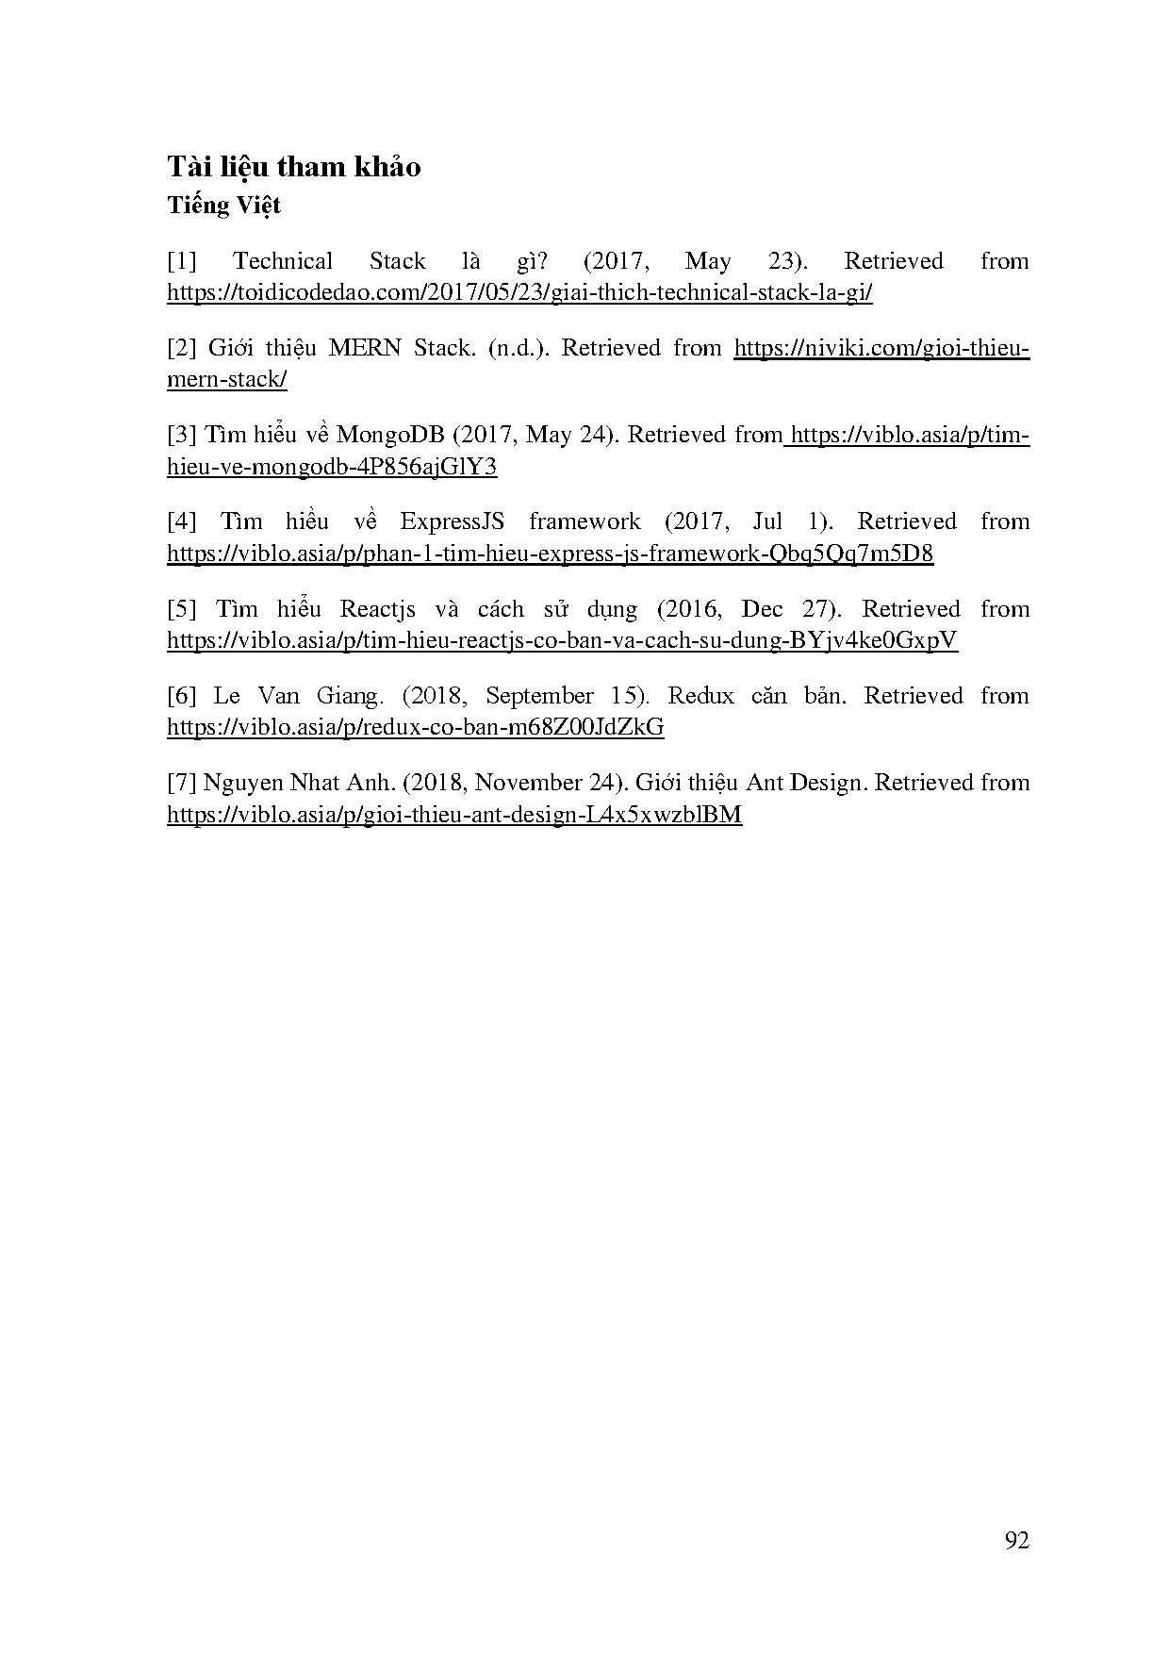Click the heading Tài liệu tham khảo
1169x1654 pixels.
click(x=294, y=167)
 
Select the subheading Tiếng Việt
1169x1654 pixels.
click(x=224, y=205)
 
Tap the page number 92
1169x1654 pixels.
click(x=1017, y=1541)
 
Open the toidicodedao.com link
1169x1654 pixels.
click(x=519, y=292)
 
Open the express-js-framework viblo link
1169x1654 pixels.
click(x=550, y=554)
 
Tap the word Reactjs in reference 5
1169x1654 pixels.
click(x=377, y=609)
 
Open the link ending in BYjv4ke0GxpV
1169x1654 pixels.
click(x=562, y=641)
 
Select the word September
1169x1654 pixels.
click(x=539, y=696)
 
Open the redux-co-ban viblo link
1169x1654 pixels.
click(x=415, y=728)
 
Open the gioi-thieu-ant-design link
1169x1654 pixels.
click(x=454, y=815)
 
